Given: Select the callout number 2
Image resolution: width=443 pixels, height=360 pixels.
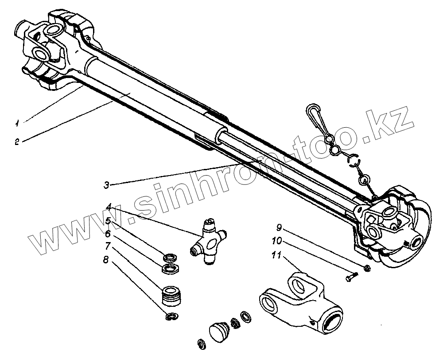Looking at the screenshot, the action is pyautogui.click(x=17, y=142).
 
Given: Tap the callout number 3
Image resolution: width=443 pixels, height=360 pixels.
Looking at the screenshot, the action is pyautogui.click(x=106, y=185).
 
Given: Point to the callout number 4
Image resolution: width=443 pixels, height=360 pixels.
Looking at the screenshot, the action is pyautogui.click(x=109, y=206).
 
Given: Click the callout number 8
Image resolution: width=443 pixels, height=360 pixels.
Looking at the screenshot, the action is pyautogui.click(x=105, y=260).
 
